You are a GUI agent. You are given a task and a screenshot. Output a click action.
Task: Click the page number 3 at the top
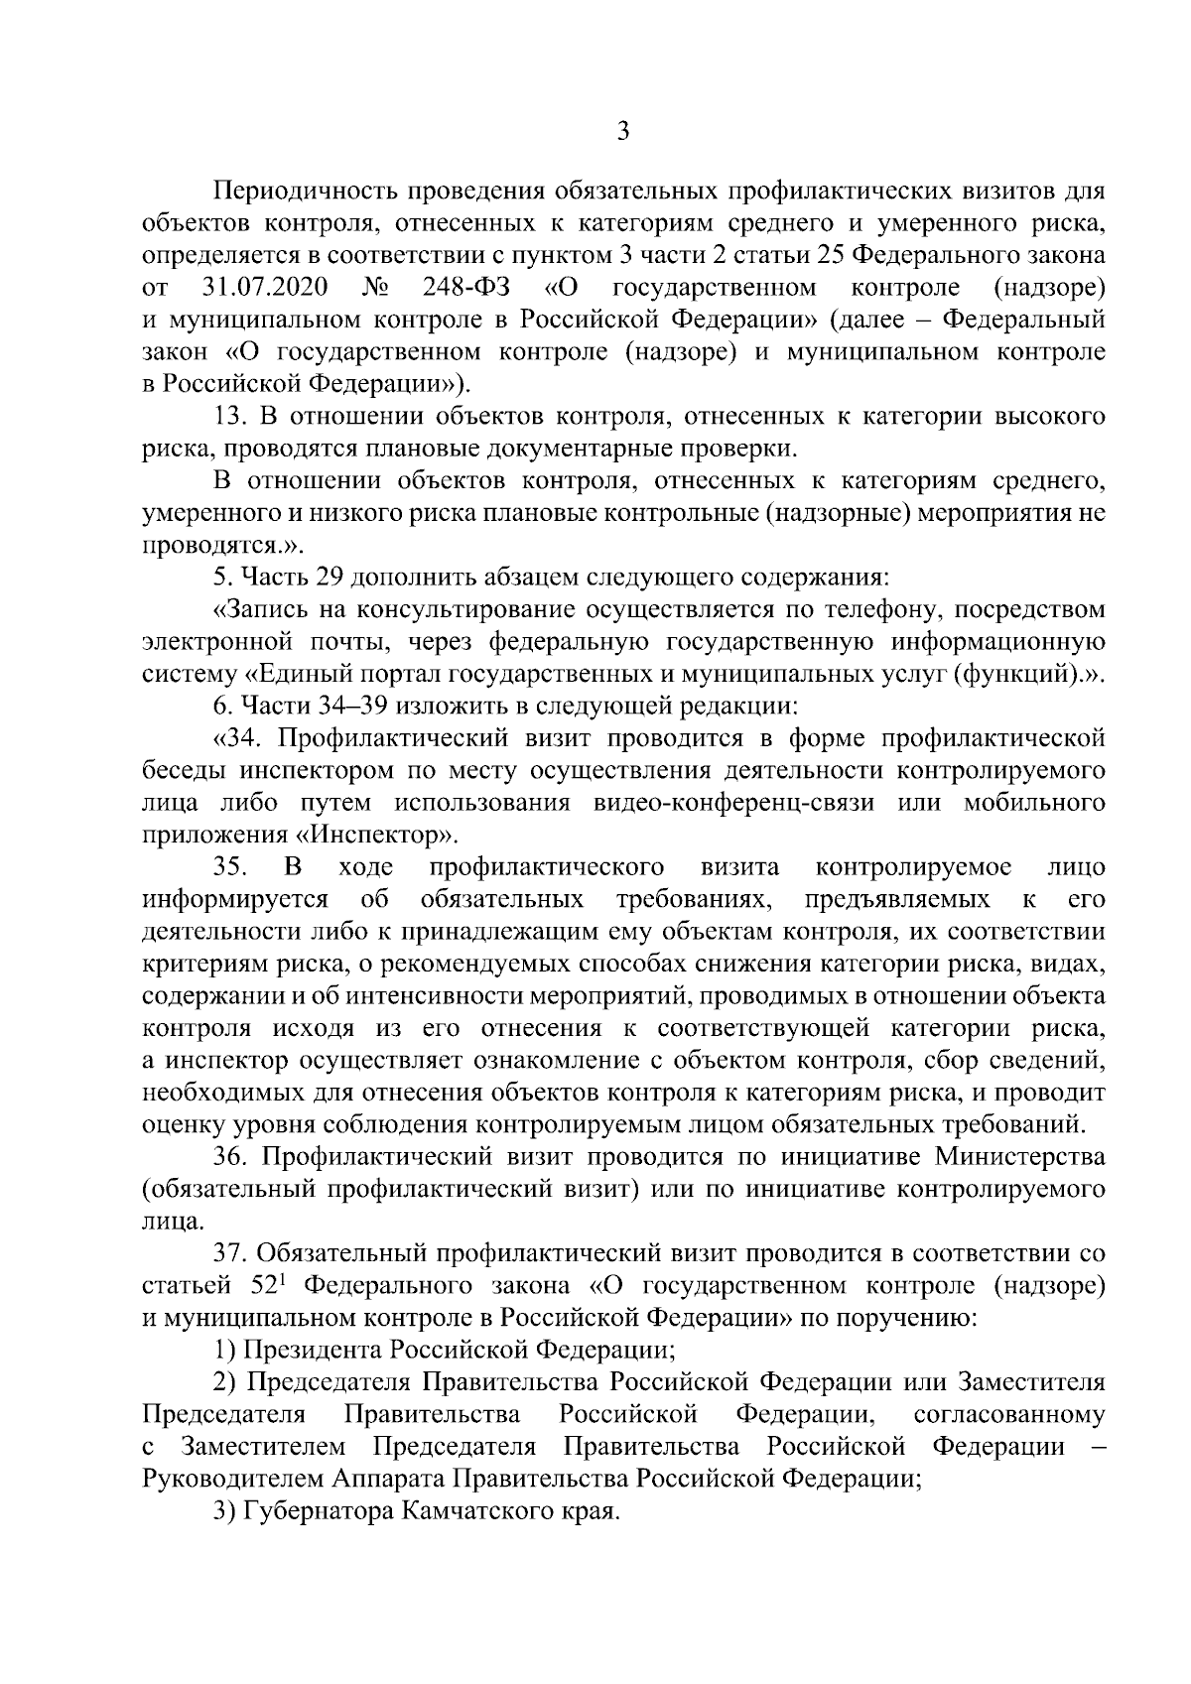(x=622, y=131)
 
